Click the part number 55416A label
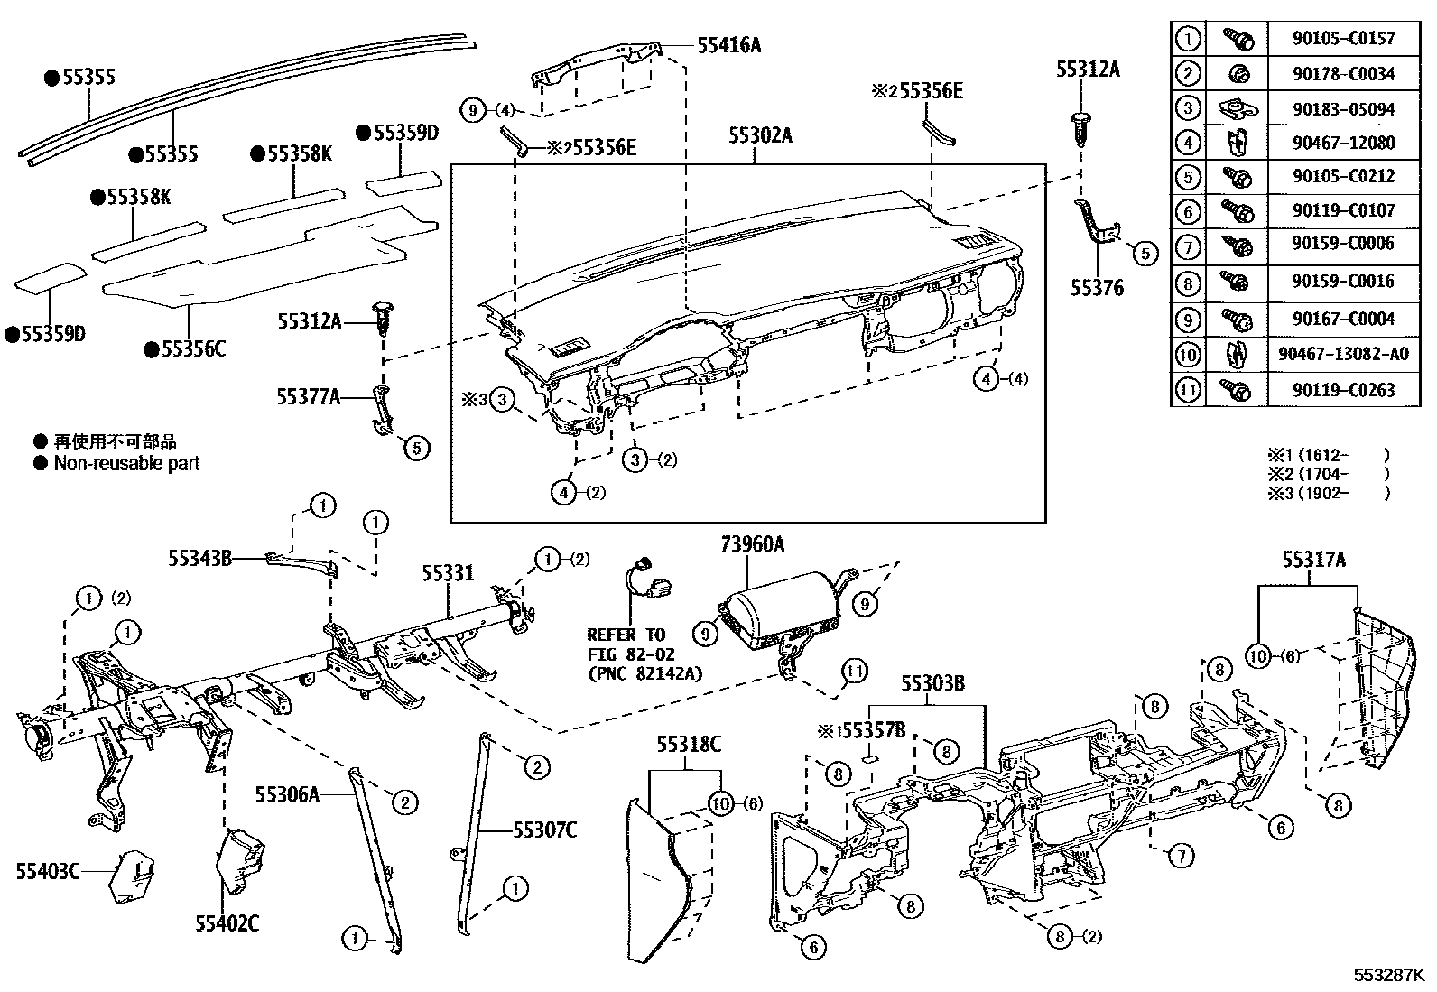click(x=728, y=45)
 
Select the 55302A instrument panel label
click(x=761, y=135)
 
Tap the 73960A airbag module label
click(x=752, y=544)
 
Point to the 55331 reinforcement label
click(x=448, y=572)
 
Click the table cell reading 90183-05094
click(x=1343, y=109)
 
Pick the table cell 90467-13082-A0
click(x=1343, y=354)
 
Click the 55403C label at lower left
click(x=47, y=871)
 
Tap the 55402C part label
click(x=227, y=922)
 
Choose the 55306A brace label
click(x=287, y=794)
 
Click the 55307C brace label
click(x=544, y=830)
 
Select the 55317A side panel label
click(x=1313, y=561)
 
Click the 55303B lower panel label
click(x=932, y=683)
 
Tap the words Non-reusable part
click(x=126, y=464)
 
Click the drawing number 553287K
click(x=1387, y=976)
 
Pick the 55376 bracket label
click(x=1097, y=288)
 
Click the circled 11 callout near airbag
click(x=854, y=671)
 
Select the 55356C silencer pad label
click(x=192, y=348)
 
